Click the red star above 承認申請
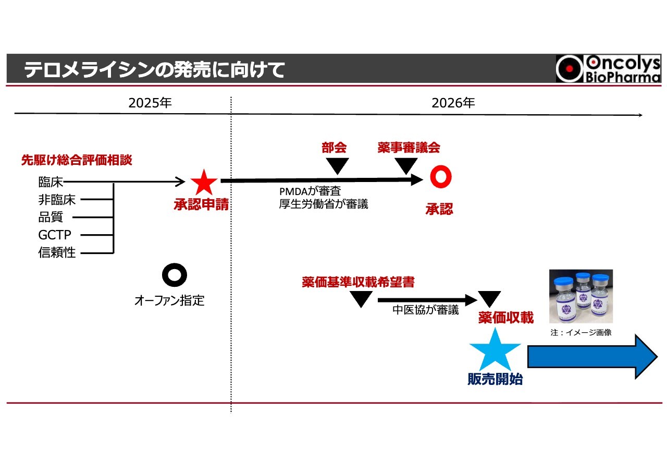click(204, 183)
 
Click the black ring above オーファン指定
click(174, 275)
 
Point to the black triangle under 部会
click(338, 166)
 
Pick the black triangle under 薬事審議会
click(406, 166)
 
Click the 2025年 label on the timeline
click(150, 103)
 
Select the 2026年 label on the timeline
click(453, 103)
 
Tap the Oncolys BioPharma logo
click(608, 69)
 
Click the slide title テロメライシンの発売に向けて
click(154, 69)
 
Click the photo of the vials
click(581, 296)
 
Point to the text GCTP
click(55, 235)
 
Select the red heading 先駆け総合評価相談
click(77, 160)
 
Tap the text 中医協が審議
click(425, 310)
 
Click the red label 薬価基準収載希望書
click(358, 282)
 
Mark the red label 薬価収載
click(505, 317)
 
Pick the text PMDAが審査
click(310, 191)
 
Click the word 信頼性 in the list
click(57, 253)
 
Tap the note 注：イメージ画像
click(580, 332)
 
